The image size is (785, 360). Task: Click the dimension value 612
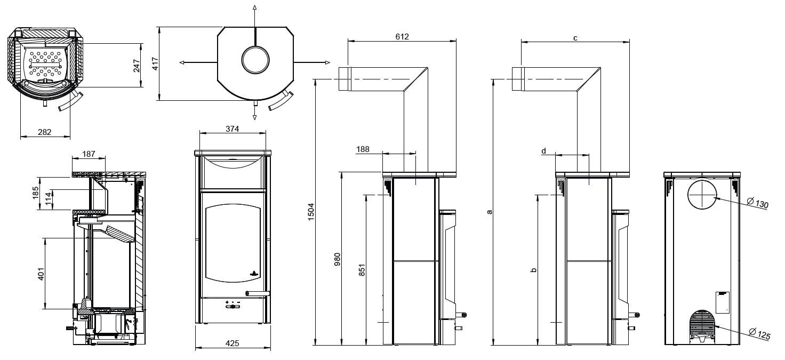402,37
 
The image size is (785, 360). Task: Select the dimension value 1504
311,212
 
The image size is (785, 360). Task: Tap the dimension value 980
337,260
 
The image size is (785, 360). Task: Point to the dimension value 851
362,270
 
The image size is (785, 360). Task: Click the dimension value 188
363,150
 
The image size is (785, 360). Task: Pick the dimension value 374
232,129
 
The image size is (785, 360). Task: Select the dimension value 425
232,343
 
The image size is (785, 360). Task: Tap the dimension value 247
137,65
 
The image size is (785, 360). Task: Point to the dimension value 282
45,132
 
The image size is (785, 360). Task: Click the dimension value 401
41,273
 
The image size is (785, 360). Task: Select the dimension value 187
89,154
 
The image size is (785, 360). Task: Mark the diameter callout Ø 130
757,204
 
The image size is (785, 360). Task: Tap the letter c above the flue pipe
575,38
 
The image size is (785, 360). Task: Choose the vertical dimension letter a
489,212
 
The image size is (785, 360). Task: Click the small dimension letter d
544,151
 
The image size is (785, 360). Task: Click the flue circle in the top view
255,59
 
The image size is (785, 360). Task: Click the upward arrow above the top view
255,7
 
